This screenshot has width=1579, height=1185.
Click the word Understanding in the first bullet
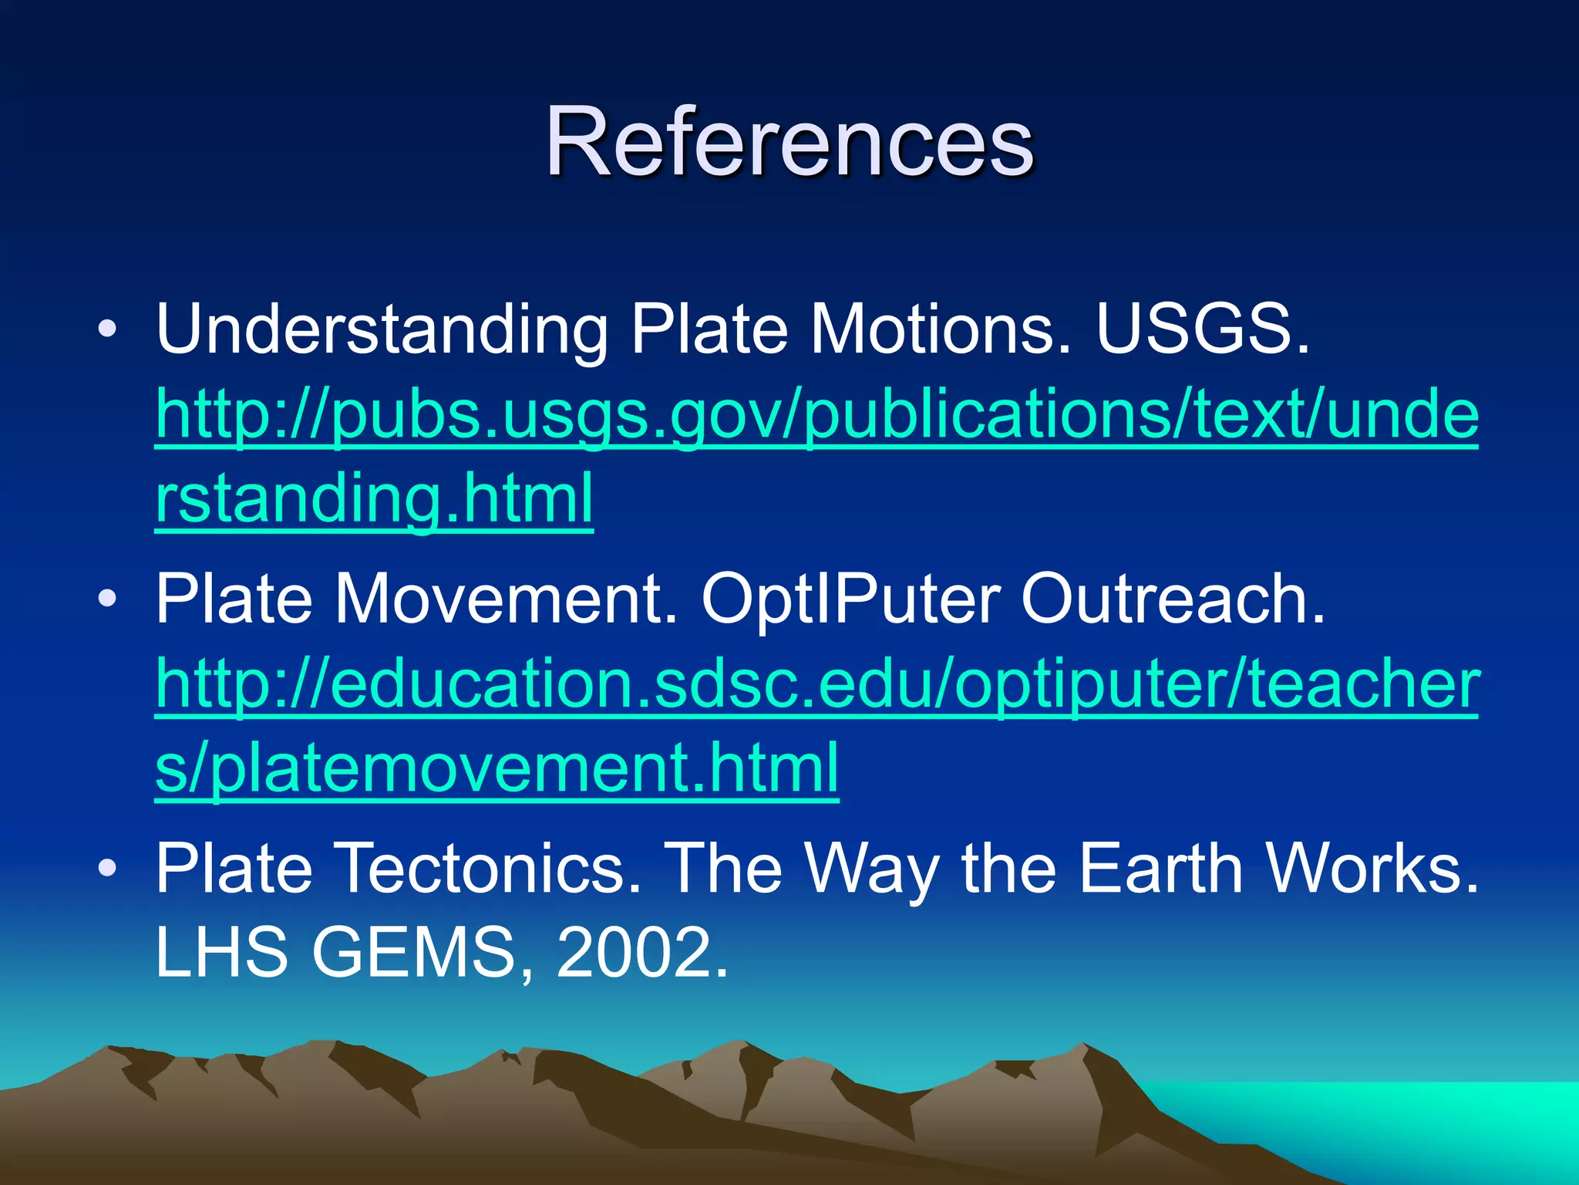point(382,330)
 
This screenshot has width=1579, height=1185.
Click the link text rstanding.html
point(375,498)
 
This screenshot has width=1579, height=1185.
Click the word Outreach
point(1172,600)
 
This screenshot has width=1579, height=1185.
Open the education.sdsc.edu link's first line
point(817,685)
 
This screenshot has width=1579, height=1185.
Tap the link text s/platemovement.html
point(497,768)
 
